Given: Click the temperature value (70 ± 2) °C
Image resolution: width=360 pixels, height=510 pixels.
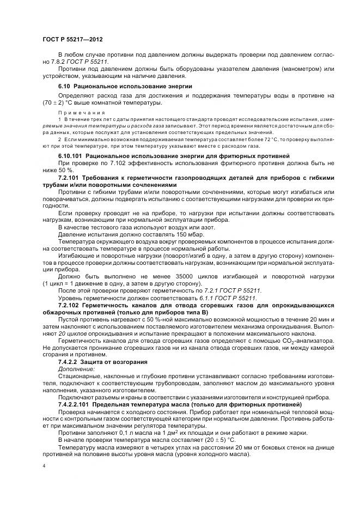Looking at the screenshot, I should (56, 102).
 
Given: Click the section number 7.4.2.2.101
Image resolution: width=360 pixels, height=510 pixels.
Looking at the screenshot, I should (74, 404).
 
